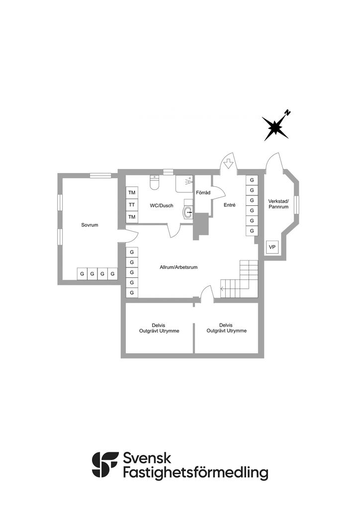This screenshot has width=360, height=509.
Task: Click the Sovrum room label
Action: coord(90,225)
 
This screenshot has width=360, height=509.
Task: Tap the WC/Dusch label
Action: coord(162,205)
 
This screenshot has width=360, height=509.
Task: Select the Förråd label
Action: coord(203,192)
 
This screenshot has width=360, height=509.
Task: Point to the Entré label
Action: coord(229,205)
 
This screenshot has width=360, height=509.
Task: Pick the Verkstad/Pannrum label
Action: coord(278,204)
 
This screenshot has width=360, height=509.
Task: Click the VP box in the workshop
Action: coord(272,247)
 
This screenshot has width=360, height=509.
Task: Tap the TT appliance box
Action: coord(132,205)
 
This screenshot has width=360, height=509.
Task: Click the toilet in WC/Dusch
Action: coord(154,184)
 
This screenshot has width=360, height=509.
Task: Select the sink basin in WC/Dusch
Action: coord(188,212)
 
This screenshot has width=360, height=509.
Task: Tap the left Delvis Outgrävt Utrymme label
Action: coord(159,328)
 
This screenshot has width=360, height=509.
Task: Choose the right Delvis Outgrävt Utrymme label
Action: coord(226,328)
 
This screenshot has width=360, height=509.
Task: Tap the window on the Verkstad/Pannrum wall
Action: coord(296,204)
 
